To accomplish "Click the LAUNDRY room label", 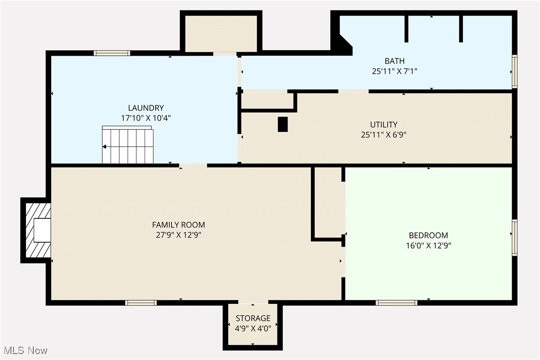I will [146, 108].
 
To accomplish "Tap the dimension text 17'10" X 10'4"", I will [146, 118].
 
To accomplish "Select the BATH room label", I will [394, 61].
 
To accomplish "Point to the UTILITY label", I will [383, 124].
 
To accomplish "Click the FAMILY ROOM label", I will [179, 225].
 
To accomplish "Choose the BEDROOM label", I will [428, 235].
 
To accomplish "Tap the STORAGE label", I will [253, 318].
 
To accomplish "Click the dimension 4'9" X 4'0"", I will [253, 328].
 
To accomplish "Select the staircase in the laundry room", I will [128, 145].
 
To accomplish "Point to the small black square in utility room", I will [282, 124].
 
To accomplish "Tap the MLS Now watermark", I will [24, 351].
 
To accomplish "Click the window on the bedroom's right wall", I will [515, 238].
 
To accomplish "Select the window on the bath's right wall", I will [515, 72].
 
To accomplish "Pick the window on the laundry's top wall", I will [112, 53].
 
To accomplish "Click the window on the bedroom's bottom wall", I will [396, 302].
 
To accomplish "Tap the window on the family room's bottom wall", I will [141, 302].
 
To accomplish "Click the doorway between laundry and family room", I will [193, 165].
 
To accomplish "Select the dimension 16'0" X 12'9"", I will [428, 245].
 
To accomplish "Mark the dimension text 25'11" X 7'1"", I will [394, 71].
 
